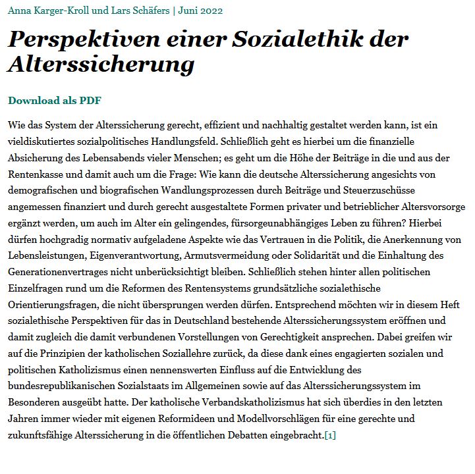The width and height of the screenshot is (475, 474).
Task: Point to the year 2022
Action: click(x=210, y=11)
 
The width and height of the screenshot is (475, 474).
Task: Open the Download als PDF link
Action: click(x=55, y=101)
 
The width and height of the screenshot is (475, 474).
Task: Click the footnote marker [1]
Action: click(x=330, y=435)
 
